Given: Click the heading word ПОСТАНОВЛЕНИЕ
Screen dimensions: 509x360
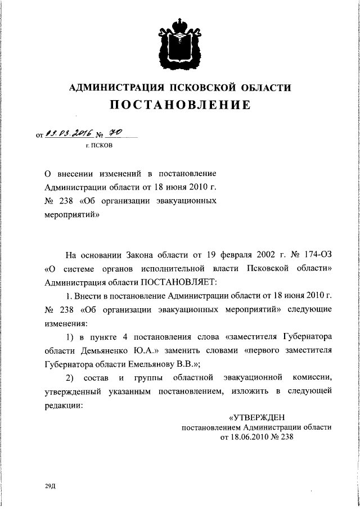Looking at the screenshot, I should pos(179,105).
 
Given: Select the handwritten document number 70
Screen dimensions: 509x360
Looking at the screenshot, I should pos(115,133).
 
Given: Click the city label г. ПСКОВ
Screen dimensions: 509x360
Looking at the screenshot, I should pos(98,146).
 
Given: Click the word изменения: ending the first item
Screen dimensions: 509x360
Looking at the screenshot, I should pos(66,323).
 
